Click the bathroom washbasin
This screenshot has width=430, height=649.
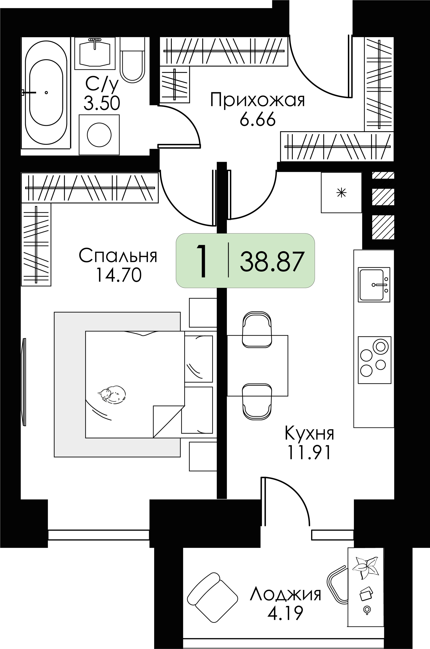pyautogui.click(x=95, y=52)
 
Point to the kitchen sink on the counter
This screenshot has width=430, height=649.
pyautogui.click(x=374, y=285)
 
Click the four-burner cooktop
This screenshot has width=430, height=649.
pyautogui.click(x=374, y=360)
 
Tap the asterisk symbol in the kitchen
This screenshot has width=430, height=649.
pyautogui.click(x=341, y=193)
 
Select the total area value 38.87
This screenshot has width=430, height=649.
pyautogui.click(x=272, y=262)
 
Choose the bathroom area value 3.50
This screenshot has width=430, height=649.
pyautogui.click(x=102, y=104)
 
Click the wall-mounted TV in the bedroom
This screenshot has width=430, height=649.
pyautogui.click(x=24, y=382)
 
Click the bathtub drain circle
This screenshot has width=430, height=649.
pyautogui.click(x=46, y=93)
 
